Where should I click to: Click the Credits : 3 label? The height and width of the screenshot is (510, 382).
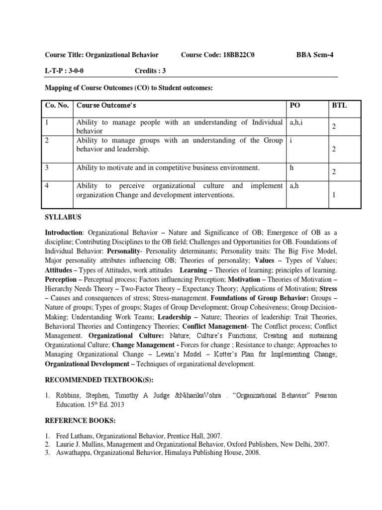pyautogui.click(x=150, y=71)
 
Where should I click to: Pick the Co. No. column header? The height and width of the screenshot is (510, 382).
pyautogui.click(x=56, y=106)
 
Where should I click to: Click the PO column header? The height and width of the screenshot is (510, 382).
pyautogui.click(x=295, y=106)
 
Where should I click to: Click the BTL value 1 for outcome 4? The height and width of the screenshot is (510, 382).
pyautogui.click(x=334, y=195)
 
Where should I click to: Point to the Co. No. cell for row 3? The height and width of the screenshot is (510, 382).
pyautogui.click(x=47, y=167)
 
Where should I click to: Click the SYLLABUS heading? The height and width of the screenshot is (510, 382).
pyautogui.click(x=64, y=218)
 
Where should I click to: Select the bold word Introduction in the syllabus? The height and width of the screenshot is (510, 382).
pyautogui.click(x=63, y=233)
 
